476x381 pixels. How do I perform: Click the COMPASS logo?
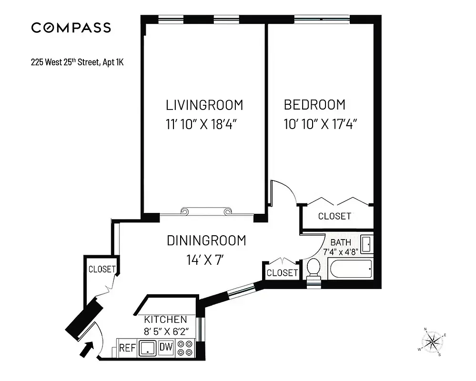tap(71, 28)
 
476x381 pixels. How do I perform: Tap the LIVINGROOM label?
tap(204, 105)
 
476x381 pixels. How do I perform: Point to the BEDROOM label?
tap(314, 105)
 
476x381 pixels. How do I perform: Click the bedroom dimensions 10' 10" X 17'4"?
tap(320, 125)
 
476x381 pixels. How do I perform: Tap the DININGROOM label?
tap(206, 241)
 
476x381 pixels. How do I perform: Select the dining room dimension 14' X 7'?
tap(205, 261)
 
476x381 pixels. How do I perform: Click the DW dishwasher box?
tap(165, 348)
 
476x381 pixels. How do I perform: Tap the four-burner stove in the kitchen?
tap(184, 348)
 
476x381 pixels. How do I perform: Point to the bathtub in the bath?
tap(350, 270)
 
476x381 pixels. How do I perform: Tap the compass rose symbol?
tap(432, 341)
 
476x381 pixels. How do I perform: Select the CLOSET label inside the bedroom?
tap(334, 216)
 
